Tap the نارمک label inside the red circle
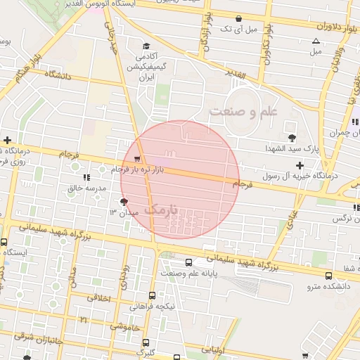tap(163, 210)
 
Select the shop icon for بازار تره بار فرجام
tap(137, 159)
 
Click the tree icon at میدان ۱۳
tap(125, 202)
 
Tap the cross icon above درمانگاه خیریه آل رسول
tap(300, 165)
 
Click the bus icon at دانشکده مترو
tap(330, 276)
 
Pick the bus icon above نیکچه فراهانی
tap(153, 296)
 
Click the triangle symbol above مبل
tap(316, 41)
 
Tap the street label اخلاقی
tap(99, 297)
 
